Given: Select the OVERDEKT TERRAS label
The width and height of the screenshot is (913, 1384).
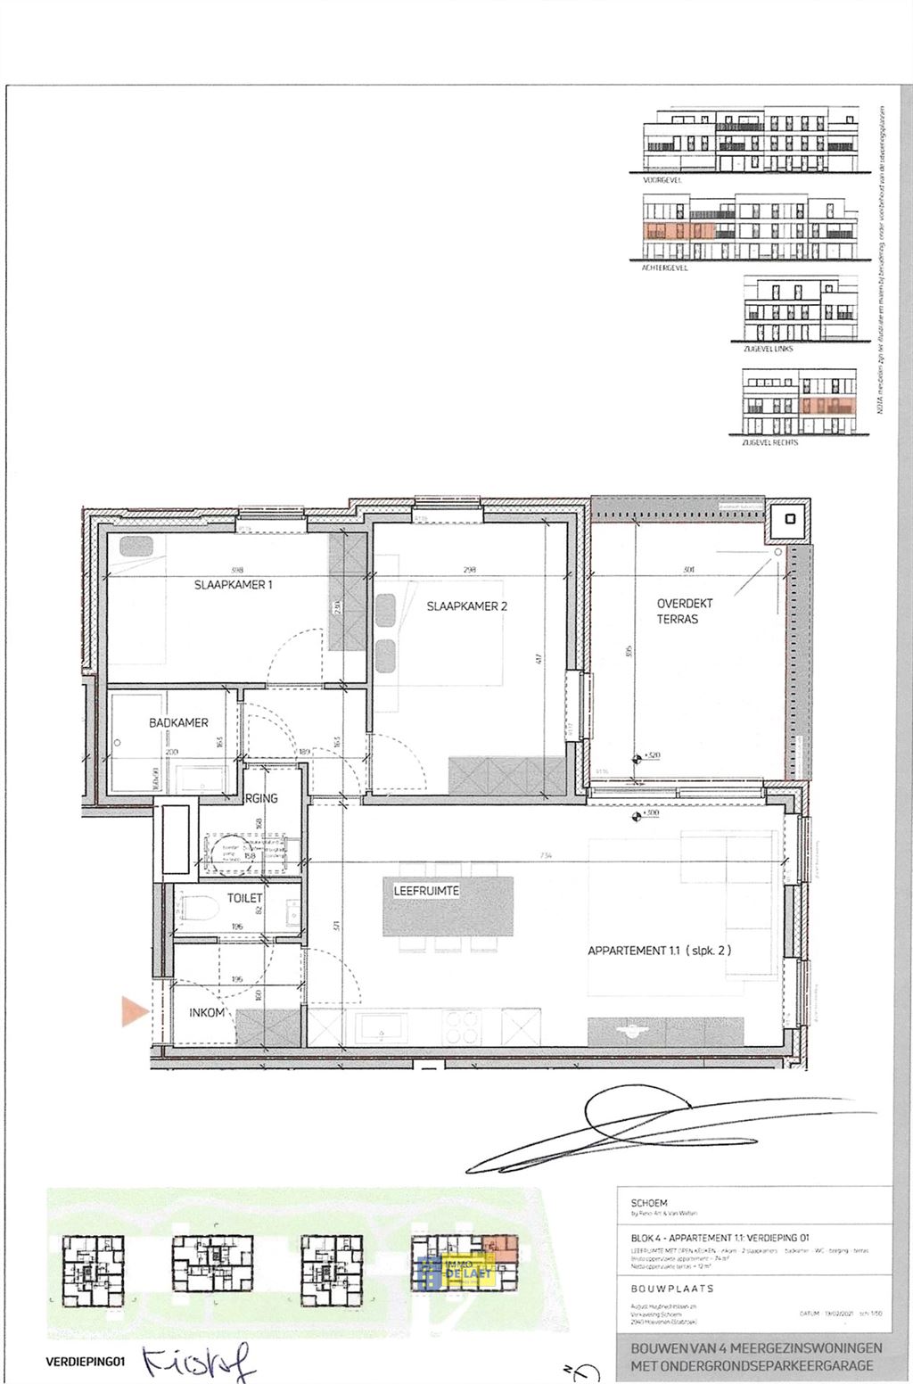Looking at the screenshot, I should (685, 611).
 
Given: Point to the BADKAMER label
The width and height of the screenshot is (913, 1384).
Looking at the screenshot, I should (178, 723).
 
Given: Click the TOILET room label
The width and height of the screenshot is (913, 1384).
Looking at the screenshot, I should (244, 898).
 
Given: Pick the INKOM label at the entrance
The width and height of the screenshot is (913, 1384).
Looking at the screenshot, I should (207, 1013).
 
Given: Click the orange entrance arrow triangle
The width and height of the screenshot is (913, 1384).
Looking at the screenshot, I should (134, 1010).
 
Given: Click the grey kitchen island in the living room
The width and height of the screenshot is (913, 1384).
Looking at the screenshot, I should (449, 906).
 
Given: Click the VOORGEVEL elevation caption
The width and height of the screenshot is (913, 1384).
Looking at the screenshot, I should (662, 179).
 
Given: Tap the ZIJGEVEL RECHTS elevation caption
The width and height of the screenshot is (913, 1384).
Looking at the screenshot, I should (770, 442).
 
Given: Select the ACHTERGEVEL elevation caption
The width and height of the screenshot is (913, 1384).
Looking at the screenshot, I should (665, 267).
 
